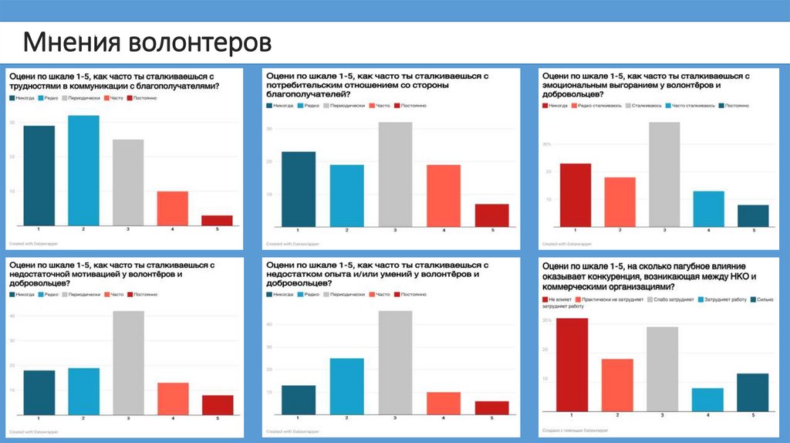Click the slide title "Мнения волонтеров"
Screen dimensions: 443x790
click(x=147, y=42)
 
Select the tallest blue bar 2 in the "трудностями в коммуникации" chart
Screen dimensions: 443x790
click(x=83, y=170)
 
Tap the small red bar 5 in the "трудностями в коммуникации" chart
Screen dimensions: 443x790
click(x=217, y=220)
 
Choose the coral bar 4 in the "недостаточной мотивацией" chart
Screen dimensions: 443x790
click(x=173, y=397)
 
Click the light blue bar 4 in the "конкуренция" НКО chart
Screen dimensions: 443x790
click(x=707, y=399)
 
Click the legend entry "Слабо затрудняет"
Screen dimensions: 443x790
click(x=675, y=299)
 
